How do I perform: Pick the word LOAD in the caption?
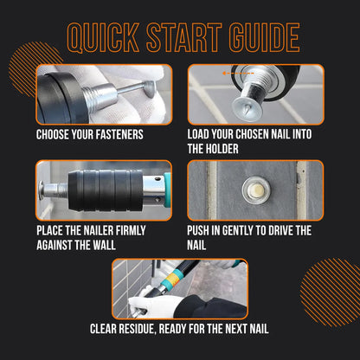tap(202, 135)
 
